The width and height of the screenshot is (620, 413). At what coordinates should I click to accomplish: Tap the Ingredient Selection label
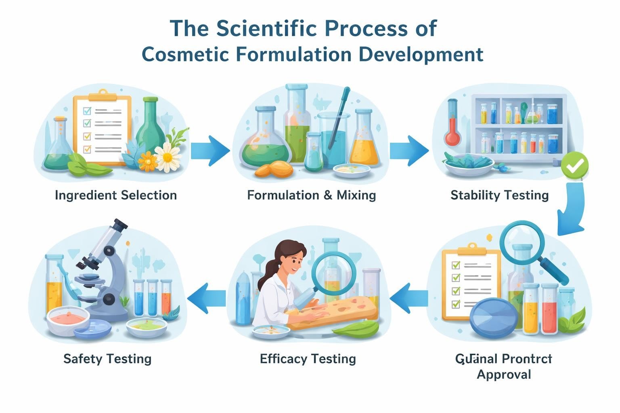click(116, 195)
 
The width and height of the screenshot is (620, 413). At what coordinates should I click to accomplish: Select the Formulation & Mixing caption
click(311, 195)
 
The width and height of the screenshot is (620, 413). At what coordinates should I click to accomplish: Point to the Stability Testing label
click(499, 195)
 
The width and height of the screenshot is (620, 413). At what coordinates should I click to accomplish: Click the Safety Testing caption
click(107, 359)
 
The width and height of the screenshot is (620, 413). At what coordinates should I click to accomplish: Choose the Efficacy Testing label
click(308, 359)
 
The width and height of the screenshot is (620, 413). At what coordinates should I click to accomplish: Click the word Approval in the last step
click(504, 374)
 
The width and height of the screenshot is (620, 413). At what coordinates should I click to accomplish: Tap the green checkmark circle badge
click(575, 165)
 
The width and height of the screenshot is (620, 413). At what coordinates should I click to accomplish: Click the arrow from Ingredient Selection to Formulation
click(210, 151)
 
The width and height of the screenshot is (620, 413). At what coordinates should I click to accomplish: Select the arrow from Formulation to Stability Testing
click(408, 151)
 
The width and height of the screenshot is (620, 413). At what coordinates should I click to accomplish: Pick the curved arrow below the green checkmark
click(572, 210)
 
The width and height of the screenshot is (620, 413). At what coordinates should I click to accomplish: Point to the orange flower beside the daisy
click(148, 161)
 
